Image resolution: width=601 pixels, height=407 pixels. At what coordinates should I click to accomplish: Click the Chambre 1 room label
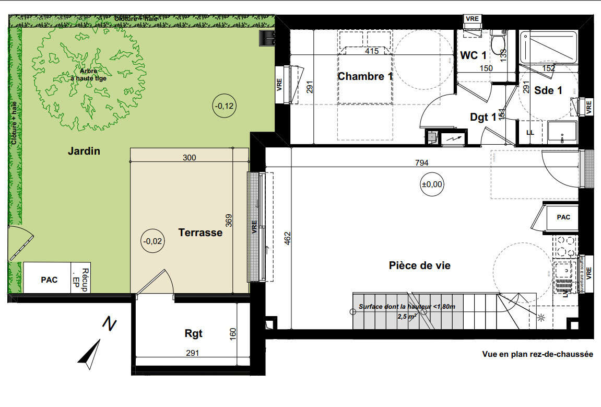365,76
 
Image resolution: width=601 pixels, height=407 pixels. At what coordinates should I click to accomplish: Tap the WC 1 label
474,55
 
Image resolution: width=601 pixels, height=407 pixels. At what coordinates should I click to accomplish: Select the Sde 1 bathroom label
548,90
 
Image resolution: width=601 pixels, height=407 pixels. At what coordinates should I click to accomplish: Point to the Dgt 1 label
483,117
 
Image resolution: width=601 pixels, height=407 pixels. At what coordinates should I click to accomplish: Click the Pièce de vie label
419,265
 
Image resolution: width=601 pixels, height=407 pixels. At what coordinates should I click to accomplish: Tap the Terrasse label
200,232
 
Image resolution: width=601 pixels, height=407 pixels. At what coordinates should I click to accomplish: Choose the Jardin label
84,152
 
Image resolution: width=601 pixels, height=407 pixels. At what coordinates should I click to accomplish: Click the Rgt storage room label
193,333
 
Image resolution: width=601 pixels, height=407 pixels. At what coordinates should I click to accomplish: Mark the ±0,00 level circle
432,184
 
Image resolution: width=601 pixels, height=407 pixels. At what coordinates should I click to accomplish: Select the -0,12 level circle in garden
225,106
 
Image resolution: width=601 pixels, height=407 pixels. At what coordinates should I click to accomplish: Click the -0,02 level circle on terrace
153,241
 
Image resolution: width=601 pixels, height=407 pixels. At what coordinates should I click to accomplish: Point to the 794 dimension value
422,163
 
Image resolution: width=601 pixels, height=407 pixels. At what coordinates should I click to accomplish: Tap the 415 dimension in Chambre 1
371,51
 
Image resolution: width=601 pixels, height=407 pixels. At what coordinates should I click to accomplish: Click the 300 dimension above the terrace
189,158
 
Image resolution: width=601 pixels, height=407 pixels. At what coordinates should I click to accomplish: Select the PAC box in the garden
49,280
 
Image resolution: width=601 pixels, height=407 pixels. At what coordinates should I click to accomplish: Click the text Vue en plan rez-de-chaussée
537,354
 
